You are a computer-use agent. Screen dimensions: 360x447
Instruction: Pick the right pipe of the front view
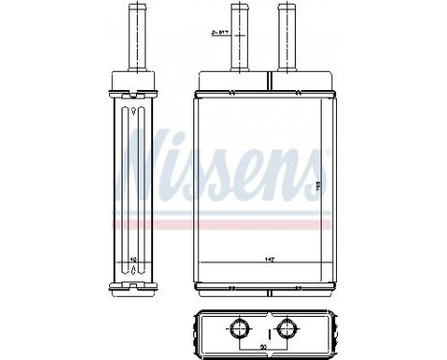(284, 38)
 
